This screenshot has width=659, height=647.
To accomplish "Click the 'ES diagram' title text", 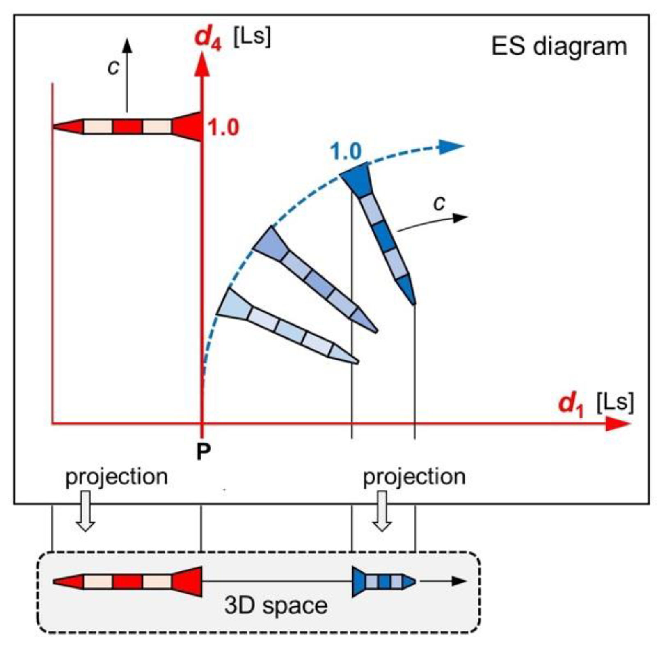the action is [x=559, y=46].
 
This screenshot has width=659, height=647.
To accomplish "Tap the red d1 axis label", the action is [x=571, y=404].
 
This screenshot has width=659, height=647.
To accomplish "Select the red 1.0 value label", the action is [x=223, y=128].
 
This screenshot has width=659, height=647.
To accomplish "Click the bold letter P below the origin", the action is [x=203, y=451].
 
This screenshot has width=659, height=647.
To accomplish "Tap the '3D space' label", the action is [x=276, y=606].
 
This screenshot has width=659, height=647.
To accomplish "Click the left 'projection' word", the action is [x=117, y=477].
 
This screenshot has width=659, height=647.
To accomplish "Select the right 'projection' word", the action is [x=414, y=477].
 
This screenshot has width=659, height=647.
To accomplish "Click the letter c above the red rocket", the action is [x=113, y=67].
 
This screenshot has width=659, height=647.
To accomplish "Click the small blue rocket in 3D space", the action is [x=384, y=581].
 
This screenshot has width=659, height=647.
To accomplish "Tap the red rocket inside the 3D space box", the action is [x=128, y=581].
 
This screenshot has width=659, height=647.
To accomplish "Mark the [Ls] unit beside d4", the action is [x=252, y=37].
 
